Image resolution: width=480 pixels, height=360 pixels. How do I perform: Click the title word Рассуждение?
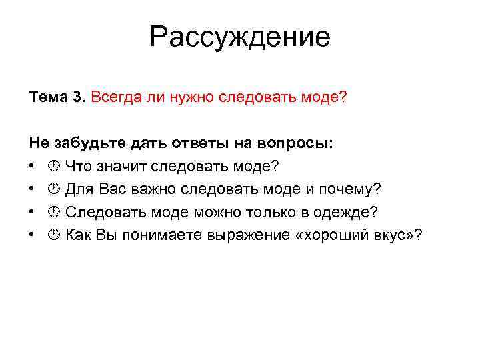click(239, 37)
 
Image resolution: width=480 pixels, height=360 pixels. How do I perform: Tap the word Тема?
click(47, 97)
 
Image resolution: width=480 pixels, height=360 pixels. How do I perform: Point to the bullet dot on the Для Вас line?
click(32, 189)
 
